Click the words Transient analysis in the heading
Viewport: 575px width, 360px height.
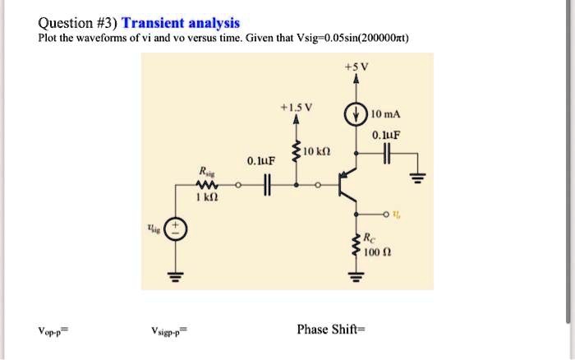(x=181, y=23)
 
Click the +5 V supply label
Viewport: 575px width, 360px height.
(x=357, y=66)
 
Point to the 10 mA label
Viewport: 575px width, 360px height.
(x=384, y=113)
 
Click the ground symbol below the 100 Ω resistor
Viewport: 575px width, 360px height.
(x=357, y=276)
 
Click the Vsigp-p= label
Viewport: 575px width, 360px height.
(x=169, y=333)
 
